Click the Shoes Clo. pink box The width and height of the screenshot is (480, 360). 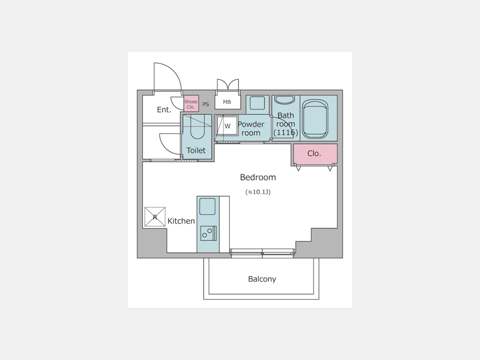[x=191, y=103]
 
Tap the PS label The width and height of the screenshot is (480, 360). [x=206, y=105]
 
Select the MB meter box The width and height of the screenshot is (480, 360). [x=227, y=102]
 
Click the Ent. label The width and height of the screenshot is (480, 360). [x=164, y=109]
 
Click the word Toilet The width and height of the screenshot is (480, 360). [x=196, y=150]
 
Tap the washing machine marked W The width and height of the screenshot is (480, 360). [x=227, y=126]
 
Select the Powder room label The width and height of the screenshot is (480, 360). [x=251, y=129]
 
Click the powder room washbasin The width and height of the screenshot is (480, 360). [x=257, y=103]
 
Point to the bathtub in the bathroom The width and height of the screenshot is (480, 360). [x=315, y=118]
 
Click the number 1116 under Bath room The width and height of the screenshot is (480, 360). [x=286, y=133]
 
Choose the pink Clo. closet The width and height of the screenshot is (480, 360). [x=315, y=154]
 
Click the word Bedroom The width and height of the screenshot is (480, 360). [x=258, y=177]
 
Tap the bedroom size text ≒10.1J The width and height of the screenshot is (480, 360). [x=258, y=192]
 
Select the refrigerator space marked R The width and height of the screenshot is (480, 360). [x=155, y=217]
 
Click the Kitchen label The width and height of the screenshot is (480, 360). [x=181, y=221]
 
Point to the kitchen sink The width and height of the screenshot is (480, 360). [x=207, y=206]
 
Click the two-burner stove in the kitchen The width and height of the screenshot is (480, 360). [x=209, y=233]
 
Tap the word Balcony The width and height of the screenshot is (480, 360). [x=262, y=279]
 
